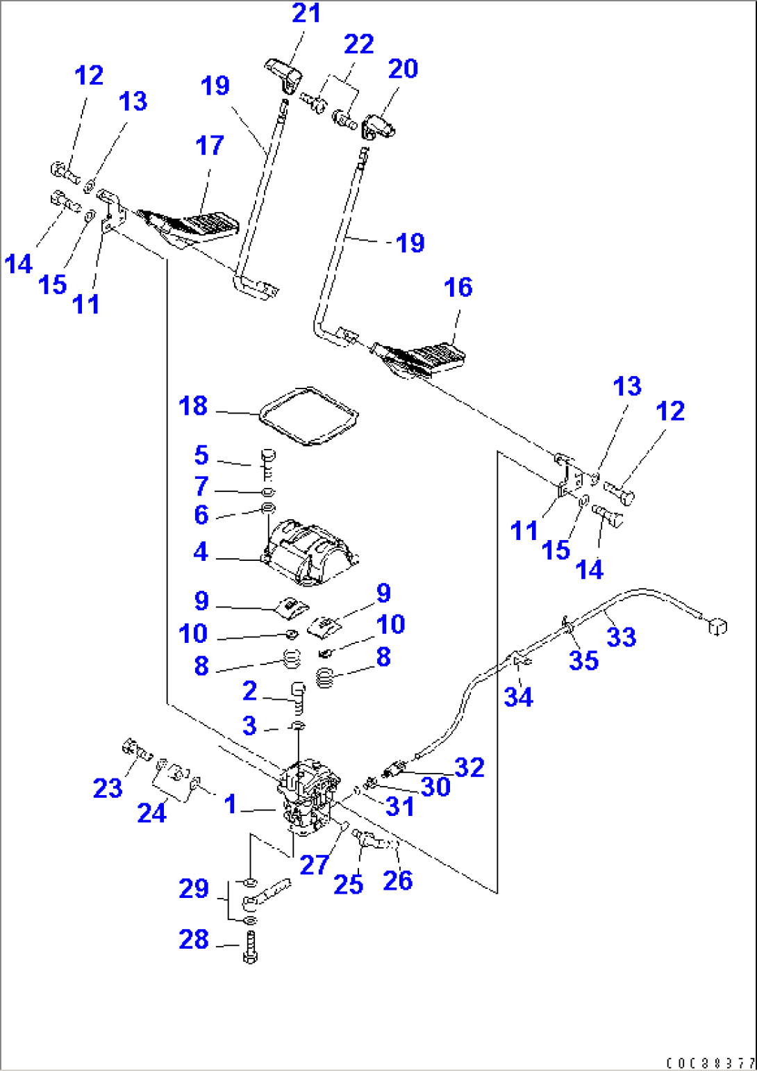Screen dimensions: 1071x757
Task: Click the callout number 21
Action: tap(306, 13)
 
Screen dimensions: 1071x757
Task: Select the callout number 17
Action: tap(210, 145)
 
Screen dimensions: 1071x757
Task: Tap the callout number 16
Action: tap(458, 287)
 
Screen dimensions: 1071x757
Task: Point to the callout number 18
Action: tap(193, 405)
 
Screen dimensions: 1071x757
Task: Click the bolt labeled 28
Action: tap(250, 948)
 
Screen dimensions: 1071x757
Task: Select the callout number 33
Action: tap(621, 636)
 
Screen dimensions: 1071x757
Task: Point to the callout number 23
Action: tap(108, 787)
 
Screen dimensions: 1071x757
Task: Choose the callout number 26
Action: tap(398, 880)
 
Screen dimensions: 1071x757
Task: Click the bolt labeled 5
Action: tap(268, 462)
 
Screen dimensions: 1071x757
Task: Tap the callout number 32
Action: tap(469, 767)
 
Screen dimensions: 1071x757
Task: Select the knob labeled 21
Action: tap(284, 73)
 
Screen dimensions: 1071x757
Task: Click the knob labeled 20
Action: tap(378, 127)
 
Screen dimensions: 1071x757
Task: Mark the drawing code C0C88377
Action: tap(710, 1063)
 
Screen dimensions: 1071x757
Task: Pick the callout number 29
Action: tap(194, 888)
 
